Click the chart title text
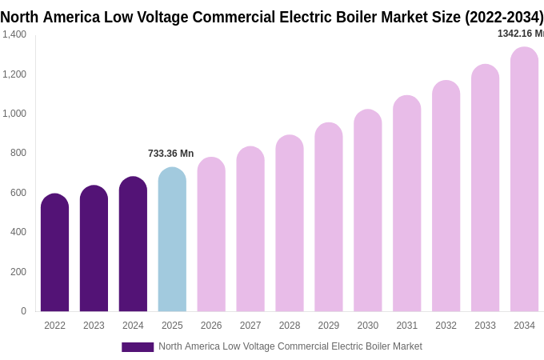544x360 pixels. tap(272, 17)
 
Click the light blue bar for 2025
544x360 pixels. tap(172, 240)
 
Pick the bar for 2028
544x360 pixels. tap(290, 224)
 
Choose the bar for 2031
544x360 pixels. tap(406, 204)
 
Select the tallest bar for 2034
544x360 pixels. tap(524, 180)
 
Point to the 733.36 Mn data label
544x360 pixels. tap(170, 154)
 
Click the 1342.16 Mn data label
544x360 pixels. tap(520, 34)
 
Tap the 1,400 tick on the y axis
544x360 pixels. tap(14, 34)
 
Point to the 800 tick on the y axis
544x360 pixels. tap(18, 153)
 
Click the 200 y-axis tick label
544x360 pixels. tap(18, 272)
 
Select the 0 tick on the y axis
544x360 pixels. tap(23, 311)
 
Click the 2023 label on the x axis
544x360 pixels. tap(94, 326)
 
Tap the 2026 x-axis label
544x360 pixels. tap(211, 326)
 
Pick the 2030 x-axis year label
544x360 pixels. tap(368, 326)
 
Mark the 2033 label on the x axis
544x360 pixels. tap(485, 326)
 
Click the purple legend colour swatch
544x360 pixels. tap(138, 347)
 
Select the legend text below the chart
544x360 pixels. tap(290, 346)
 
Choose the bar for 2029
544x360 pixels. tap(329, 218)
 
